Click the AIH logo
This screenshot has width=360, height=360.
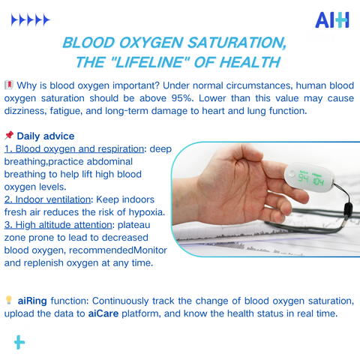[332, 20]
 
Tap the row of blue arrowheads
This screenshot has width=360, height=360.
[31, 20]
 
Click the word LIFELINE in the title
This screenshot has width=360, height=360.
[149, 62]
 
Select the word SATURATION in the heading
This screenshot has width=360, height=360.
[237, 43]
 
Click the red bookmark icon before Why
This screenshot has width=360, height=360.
[9, 85]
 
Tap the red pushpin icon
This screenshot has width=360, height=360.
[9, 135]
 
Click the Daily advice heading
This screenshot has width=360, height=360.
[46, 136]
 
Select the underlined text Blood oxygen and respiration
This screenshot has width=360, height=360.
[74, 149]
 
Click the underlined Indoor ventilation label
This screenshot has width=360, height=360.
[47, 199]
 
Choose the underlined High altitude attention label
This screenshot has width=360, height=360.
[58, 225]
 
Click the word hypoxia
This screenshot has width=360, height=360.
[147, 212]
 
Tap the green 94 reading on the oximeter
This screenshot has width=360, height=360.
[303, 178]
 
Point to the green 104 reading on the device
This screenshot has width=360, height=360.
[319, 181]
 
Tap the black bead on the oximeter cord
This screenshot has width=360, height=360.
[348, 208]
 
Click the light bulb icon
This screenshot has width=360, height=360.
[9, 300]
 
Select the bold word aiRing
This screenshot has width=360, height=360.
[32, 301]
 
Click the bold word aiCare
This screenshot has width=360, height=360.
[103, 313]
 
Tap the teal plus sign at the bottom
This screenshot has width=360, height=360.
[19, 342]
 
